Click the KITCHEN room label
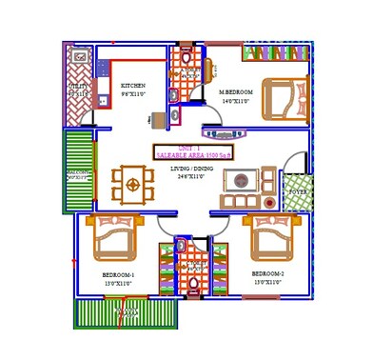(x=132, y=85)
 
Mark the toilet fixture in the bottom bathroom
(x=194, y=282)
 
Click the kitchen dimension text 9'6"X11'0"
(x=133, y=94)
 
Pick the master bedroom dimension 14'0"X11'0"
(x=234, y=101)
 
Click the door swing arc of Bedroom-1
(x=167, y=229)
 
